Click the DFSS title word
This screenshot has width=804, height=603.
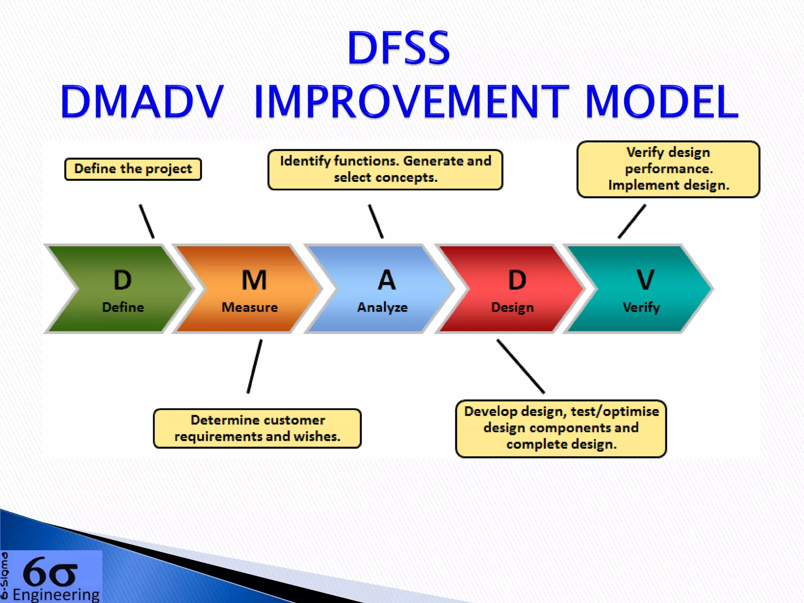click(398, 48)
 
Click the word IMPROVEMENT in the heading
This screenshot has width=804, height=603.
click(411, 102)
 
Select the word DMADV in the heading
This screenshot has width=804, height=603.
click(142, 102)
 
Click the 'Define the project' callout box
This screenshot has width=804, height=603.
click(133, 169)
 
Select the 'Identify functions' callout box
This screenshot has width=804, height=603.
click(385, 170)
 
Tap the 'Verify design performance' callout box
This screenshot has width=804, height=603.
click(668, 169)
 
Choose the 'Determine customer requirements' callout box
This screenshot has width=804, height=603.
click(257, 428)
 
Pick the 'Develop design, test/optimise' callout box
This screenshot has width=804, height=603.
click(561, 428)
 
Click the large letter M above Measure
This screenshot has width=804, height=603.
click(254, 280)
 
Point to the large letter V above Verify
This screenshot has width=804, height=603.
click(645, 280)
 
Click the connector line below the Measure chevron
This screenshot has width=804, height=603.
click(255, 366)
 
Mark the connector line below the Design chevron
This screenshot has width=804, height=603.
click(521, 366)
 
